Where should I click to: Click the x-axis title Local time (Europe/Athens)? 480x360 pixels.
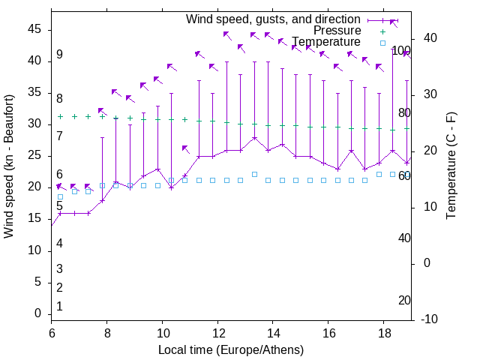231,349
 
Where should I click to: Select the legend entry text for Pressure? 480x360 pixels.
337,31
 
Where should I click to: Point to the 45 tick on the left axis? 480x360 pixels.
34,29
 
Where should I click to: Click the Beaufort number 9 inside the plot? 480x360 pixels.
59,55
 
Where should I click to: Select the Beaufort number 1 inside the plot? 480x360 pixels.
59,307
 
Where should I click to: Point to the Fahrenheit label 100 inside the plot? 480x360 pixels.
401,50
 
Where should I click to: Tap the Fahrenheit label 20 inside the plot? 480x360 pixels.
404,301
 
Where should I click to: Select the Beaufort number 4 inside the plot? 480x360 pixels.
59,243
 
